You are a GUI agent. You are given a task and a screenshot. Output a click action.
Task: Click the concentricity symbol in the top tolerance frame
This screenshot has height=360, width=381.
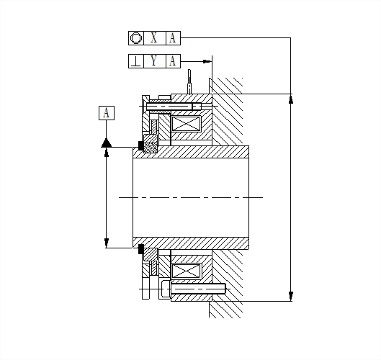pos(136,38)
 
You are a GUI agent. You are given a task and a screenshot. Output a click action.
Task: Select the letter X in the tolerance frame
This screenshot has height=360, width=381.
pos(154,38)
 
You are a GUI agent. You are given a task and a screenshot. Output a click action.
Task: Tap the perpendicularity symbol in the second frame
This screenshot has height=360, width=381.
pos(136,61)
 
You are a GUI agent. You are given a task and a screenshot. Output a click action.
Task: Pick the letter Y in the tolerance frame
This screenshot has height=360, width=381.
pos(154,61)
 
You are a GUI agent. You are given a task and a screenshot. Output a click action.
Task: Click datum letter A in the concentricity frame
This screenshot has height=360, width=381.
pos(172,38)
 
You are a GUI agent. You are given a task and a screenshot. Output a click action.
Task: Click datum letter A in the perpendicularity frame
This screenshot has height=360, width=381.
pos(172,61)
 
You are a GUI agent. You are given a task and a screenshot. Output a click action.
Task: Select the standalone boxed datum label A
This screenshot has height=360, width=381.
pos(107,113)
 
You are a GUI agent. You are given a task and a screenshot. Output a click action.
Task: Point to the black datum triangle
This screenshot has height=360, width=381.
pos(106,143)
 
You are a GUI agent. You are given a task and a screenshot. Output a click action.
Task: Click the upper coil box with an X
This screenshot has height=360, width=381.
pos(186,124)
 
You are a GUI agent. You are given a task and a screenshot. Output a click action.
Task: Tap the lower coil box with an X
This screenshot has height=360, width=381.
pos(186,271)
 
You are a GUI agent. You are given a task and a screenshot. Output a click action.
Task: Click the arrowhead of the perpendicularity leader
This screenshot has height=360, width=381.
pos(207,61)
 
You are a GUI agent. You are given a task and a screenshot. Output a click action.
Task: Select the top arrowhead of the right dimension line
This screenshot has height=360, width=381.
pos(291,99)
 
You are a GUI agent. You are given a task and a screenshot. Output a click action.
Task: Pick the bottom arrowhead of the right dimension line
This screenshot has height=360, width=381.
pos(291,297)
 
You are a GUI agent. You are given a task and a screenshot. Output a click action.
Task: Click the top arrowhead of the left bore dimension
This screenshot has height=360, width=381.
pos(106,153)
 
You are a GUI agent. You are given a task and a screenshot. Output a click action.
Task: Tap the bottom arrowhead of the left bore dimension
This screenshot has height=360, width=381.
pos(106,243)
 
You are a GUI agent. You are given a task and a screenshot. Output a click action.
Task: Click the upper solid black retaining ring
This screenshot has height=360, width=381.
pos(141,145)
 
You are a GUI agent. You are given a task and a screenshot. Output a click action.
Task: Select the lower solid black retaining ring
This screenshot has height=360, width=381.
pos(141,249)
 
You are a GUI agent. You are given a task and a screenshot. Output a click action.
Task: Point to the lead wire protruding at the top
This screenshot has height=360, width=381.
pos(189,81)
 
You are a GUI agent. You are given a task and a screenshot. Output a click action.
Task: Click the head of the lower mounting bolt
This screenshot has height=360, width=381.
pos(166,289)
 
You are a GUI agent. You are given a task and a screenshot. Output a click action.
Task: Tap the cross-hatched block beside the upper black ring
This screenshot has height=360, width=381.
pos(151,148)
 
